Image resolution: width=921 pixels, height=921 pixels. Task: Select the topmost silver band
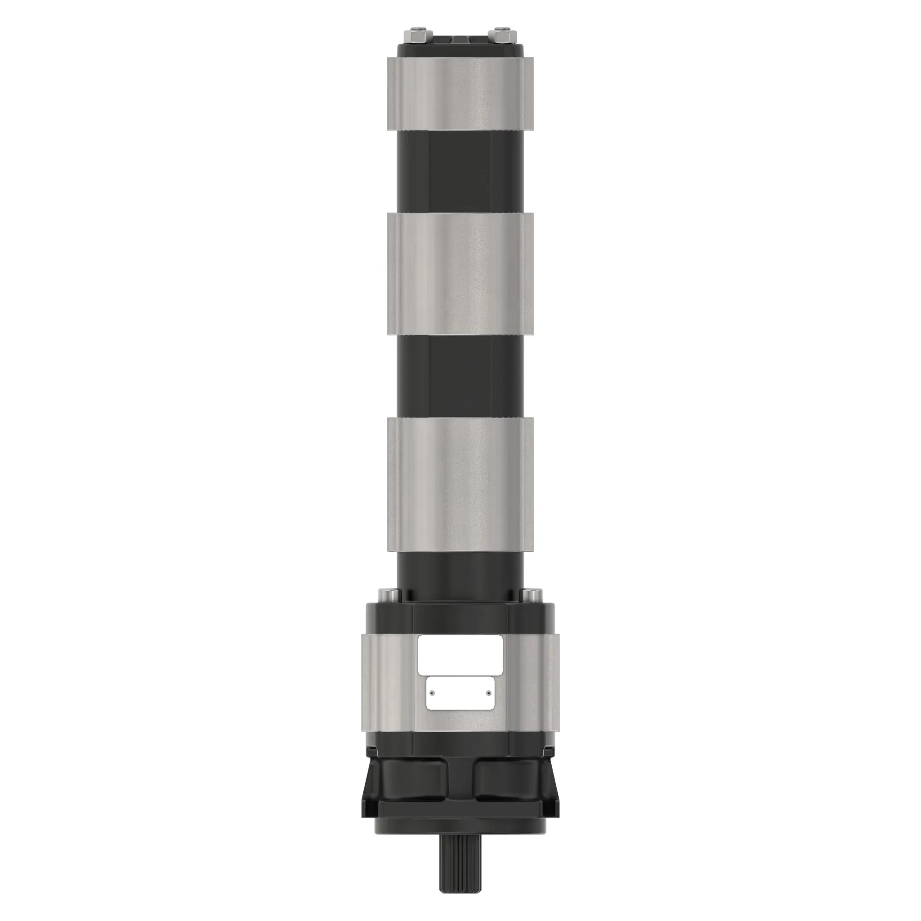coord(460,93)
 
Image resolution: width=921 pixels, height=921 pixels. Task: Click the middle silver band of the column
coord(460,274)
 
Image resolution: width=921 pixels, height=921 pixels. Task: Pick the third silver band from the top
coord(460,484)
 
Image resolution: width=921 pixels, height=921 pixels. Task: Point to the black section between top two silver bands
coord(460,171)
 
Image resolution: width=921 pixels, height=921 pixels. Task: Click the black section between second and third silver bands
coord(460,377)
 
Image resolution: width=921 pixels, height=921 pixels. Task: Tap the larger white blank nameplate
coord(460,654)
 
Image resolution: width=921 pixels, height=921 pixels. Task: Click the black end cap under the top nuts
coord(460,50)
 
